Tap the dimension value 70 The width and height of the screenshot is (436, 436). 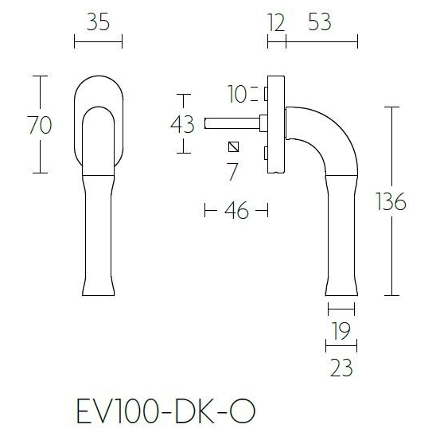[x=40, y=124]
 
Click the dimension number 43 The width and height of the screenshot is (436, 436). [x=182, y=124]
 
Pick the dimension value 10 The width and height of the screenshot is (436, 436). [x=236, y=95]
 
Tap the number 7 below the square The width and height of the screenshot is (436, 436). [x=232, y=169]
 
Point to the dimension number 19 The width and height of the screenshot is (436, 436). [x=340, y=332]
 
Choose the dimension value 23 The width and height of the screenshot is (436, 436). [x=340, y=367]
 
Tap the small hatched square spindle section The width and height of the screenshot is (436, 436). [x=232, y=146]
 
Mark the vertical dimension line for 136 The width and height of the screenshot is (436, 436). [x=393, y=159]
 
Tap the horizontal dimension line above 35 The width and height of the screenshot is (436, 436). [x=98, y=41]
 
